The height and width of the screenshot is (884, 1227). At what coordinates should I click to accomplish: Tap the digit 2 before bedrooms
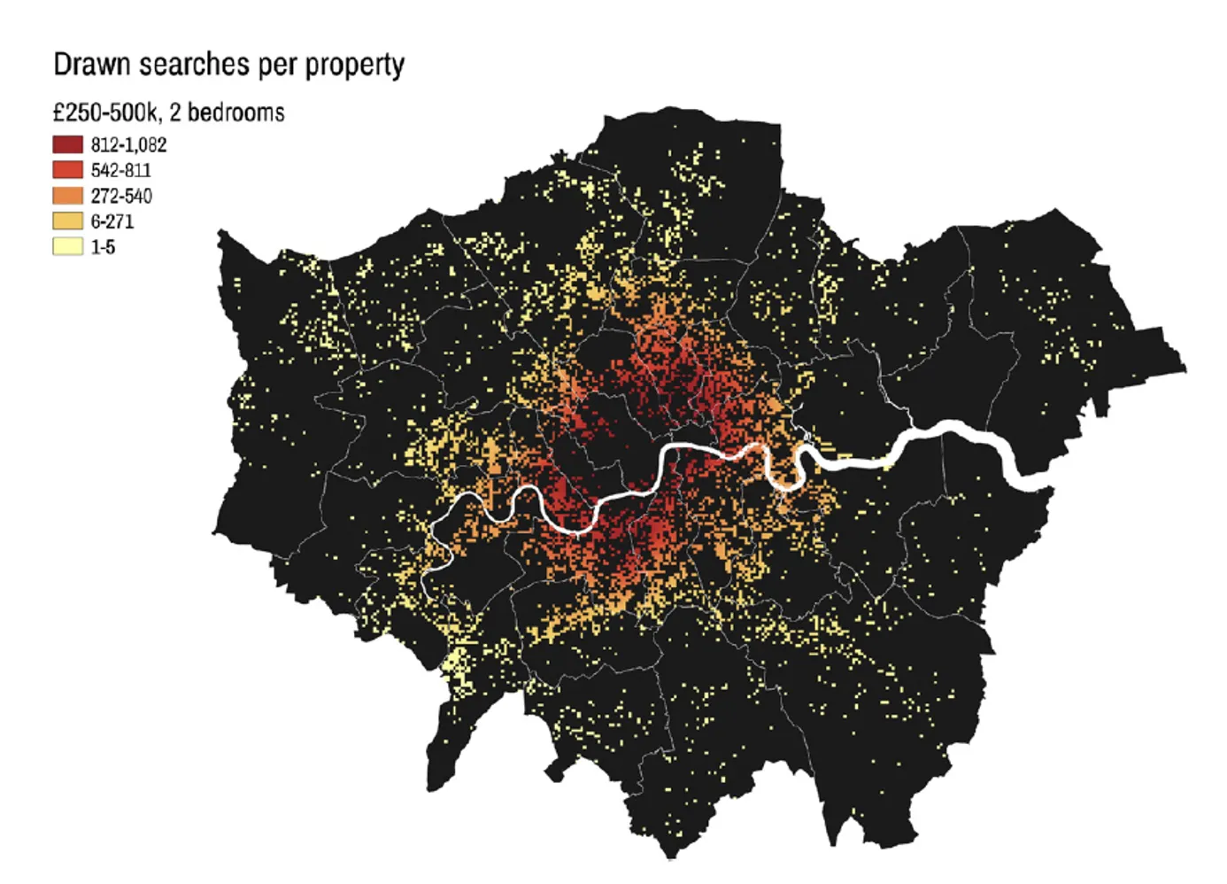click(175, 112)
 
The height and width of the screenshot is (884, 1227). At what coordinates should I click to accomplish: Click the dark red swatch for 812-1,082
click(68, 144)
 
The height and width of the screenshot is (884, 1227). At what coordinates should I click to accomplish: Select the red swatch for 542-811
click(68, 170)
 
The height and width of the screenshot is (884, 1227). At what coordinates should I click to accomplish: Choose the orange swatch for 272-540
click(68, 196)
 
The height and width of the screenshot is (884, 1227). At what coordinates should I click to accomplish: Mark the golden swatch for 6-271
click(68, 221)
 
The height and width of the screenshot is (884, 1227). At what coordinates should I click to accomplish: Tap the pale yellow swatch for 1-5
click(68, 246)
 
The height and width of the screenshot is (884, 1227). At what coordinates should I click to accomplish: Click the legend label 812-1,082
click(128, 144)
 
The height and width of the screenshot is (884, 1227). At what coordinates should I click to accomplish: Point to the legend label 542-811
click(120, 170)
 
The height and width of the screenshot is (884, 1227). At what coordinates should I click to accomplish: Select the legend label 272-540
click(121, 196)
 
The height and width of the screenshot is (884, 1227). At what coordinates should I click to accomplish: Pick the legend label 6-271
click(112, 221)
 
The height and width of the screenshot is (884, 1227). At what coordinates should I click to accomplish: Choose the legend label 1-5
click(103, 247)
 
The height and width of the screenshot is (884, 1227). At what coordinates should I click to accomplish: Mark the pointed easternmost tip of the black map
click(1184, 368)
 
